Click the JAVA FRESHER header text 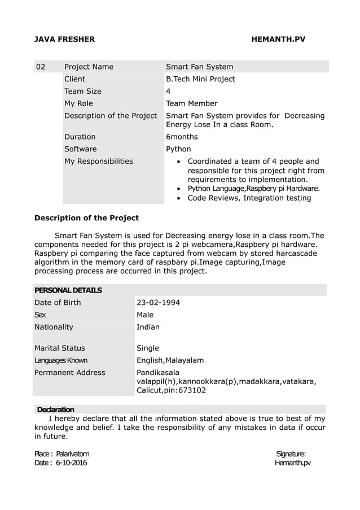pyautogui.click(x=65, y=40)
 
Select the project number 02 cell pyautogui.click(x=41, y=67)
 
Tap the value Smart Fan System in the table pyautogui.click(x=199, y=67)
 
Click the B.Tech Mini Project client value pyautogui.click(x=200, y=79)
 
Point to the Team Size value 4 pyautogui.click(x=168, y=91)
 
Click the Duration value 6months pyautogui.click(x=182, y=137)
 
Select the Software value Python pyautogui.click(x=178, y=149)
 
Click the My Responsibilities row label pyautogui.click(x=98, y=162)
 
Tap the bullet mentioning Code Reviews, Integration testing pyautogui.click(x=249, y=198)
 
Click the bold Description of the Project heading pyautogui.click(x=86, y=218)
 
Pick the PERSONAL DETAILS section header pyautogui.click(x=68, y=290)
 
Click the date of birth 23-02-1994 pyautogui.click(x=159, y=303)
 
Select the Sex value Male pyautogui.click(x=145, y=315)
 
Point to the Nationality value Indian pyautogui.click(x=148, y=327)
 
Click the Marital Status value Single pyautogui.click(x=148, y=348)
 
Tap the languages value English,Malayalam pyautogui.click(x=170, y=360)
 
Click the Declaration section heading pyautogui.click(x=55, y=409)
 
